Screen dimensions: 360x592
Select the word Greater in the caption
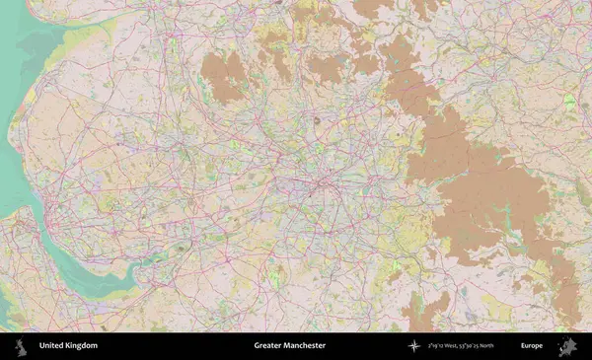tap(267, 346)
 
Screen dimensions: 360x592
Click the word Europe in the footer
tap(532, 346)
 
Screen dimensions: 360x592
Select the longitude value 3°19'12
tap(436, 346)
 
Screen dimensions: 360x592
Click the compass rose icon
tap(413, 346)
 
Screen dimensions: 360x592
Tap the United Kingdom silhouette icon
tap(20, 346)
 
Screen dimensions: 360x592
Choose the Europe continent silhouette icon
tap(567, 346)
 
